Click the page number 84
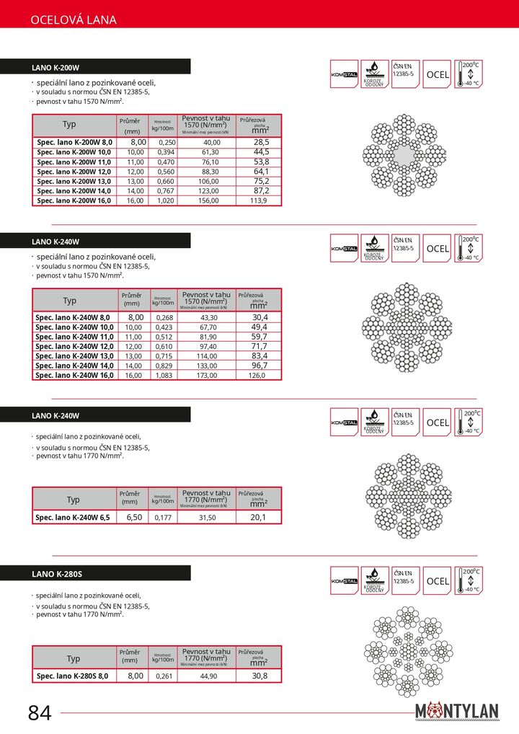(40, 713)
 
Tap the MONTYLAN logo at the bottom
(456, 711)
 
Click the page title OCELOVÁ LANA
(74, 20)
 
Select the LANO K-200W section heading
(56, 67)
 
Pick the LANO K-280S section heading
(56, 574)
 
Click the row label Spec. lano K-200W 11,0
(74, 162)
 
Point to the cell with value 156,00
(210, 201)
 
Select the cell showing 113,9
(259, 201)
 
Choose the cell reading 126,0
(257, 376)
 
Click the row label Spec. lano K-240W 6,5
(73, 518)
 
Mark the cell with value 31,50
(207, 518)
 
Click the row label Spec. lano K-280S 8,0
(72, 676)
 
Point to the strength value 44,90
(208, 676)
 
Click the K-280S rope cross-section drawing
(408, 651)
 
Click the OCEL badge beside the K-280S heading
(438, 581)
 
